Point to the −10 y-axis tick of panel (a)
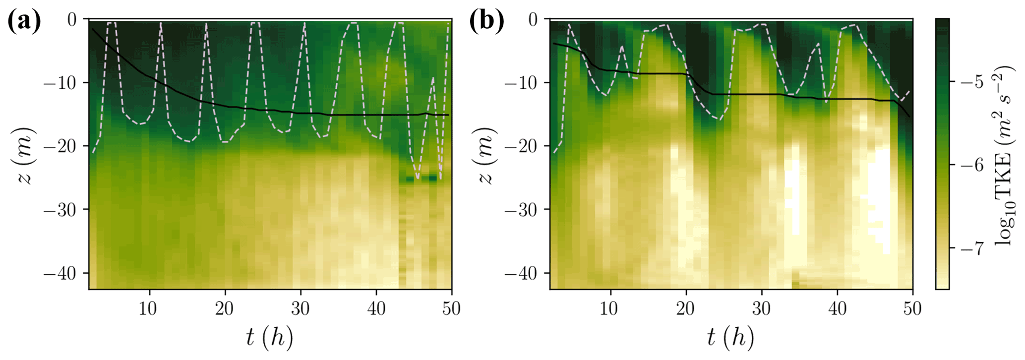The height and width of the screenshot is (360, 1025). (60, 82)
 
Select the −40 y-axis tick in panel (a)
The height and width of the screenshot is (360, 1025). (60, 273)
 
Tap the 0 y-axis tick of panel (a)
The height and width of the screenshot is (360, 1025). (72, 20)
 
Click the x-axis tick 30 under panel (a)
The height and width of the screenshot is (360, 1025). (301, 309)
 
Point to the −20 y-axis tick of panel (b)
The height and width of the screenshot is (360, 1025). (521, 146)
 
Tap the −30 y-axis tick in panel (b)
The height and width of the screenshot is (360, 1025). (521, 210)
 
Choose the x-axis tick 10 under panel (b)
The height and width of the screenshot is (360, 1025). (609, 309)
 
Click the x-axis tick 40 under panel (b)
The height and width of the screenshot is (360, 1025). (837, 309)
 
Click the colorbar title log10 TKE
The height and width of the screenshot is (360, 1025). (1003, 155)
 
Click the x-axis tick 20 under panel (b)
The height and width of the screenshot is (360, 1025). (685, 309)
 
